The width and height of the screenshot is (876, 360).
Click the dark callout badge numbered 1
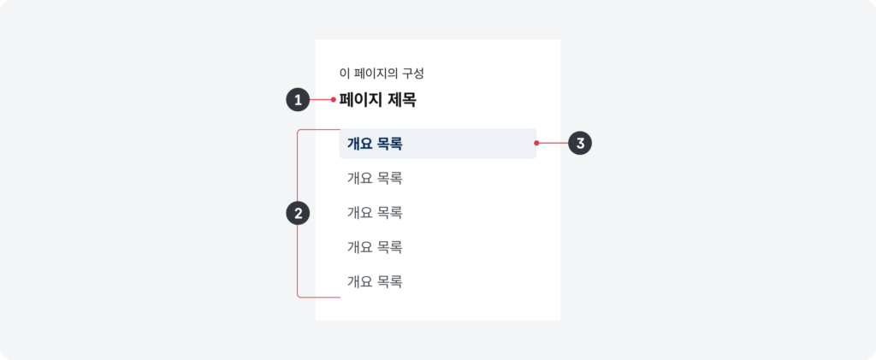coord(298,100)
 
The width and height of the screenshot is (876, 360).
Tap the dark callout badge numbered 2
coord(298,213)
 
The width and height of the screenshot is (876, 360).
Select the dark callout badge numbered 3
coord(580,143)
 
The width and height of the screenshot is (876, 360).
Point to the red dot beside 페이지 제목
coord(334,100)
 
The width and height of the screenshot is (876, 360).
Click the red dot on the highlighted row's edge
coord(536,144)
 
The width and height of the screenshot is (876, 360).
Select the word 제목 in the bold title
coord(402,100)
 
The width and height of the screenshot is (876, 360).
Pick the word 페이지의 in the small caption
coord(373,74)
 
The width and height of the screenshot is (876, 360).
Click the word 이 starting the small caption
coord(343,74)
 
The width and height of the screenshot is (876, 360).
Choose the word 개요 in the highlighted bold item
coord(359,144)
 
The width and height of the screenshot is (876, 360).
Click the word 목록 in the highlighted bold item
coord(390,144)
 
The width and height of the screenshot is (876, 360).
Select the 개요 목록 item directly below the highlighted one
coord(375,179)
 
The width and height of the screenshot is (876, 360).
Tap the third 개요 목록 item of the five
coord(375,213)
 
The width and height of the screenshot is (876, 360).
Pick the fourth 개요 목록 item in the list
coord(375,247)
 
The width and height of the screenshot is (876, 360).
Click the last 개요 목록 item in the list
coord(375,282)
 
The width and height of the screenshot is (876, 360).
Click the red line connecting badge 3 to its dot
coord(553,144)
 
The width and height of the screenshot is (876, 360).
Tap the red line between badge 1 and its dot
coord(321,100)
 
